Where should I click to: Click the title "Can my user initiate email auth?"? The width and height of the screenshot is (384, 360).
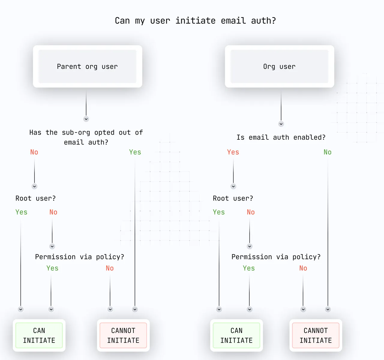[195, 21]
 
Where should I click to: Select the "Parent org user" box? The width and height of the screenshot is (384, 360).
[88, 66]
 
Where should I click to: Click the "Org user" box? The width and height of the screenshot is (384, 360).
[279, 66]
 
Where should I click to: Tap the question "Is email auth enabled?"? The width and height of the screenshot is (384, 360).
[281, 137]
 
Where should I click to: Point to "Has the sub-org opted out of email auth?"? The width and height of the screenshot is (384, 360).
[86, 137]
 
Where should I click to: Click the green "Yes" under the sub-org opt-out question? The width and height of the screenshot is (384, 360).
[135, 152]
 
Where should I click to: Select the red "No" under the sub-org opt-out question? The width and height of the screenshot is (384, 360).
[34, 152]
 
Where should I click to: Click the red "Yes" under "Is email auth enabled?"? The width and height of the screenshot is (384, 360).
[233, 152]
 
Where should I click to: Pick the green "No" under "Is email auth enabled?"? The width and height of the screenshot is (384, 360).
[328, 152]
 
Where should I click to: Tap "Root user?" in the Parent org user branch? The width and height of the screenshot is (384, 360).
[36, 198]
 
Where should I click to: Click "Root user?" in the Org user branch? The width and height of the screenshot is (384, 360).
[233, 198]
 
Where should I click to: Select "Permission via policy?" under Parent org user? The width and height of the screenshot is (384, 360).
[79, 257]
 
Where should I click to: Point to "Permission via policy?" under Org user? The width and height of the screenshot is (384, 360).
[276, 257]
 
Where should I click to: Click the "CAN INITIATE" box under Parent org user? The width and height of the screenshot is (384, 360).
[39, 335]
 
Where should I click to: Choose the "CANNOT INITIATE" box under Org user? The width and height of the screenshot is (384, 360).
[316, 335]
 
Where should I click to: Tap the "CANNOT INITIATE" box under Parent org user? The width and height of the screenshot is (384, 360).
[123, 335]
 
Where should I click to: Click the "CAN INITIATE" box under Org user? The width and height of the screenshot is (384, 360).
[236, 335]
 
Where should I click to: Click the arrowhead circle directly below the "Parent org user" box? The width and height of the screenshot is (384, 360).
[86, 119]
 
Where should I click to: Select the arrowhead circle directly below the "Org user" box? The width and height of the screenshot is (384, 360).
[281, 124]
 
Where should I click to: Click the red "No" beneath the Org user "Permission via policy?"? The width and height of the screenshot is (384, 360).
[303, 268]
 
